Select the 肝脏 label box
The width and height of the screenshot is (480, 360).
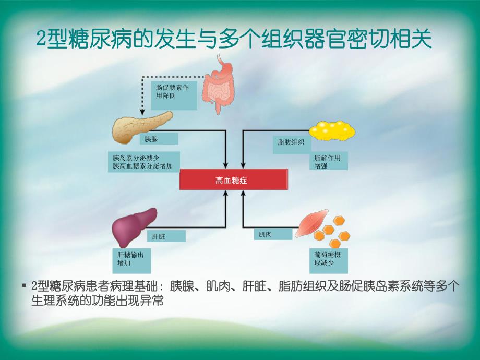165,236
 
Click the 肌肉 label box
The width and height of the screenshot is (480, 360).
273,234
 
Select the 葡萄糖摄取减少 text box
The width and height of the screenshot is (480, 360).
328,260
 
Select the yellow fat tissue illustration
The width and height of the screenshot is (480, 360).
332,130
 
